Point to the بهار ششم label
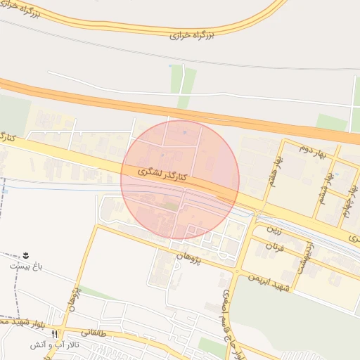tap(325, 184)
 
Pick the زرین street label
tap(274, 230)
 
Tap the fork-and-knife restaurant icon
tap(55, 333)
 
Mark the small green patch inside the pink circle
tap(172, 206)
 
